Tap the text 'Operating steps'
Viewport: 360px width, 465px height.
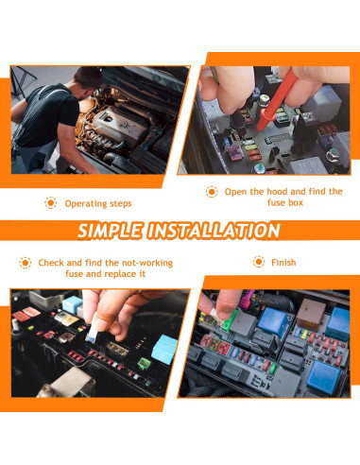coord(97,203)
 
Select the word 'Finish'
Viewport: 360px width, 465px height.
coord(284,262)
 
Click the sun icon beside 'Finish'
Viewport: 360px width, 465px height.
coord(257,262)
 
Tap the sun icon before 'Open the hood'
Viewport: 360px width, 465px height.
coord(212,191)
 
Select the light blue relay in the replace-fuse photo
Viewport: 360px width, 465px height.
coord(164,346)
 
